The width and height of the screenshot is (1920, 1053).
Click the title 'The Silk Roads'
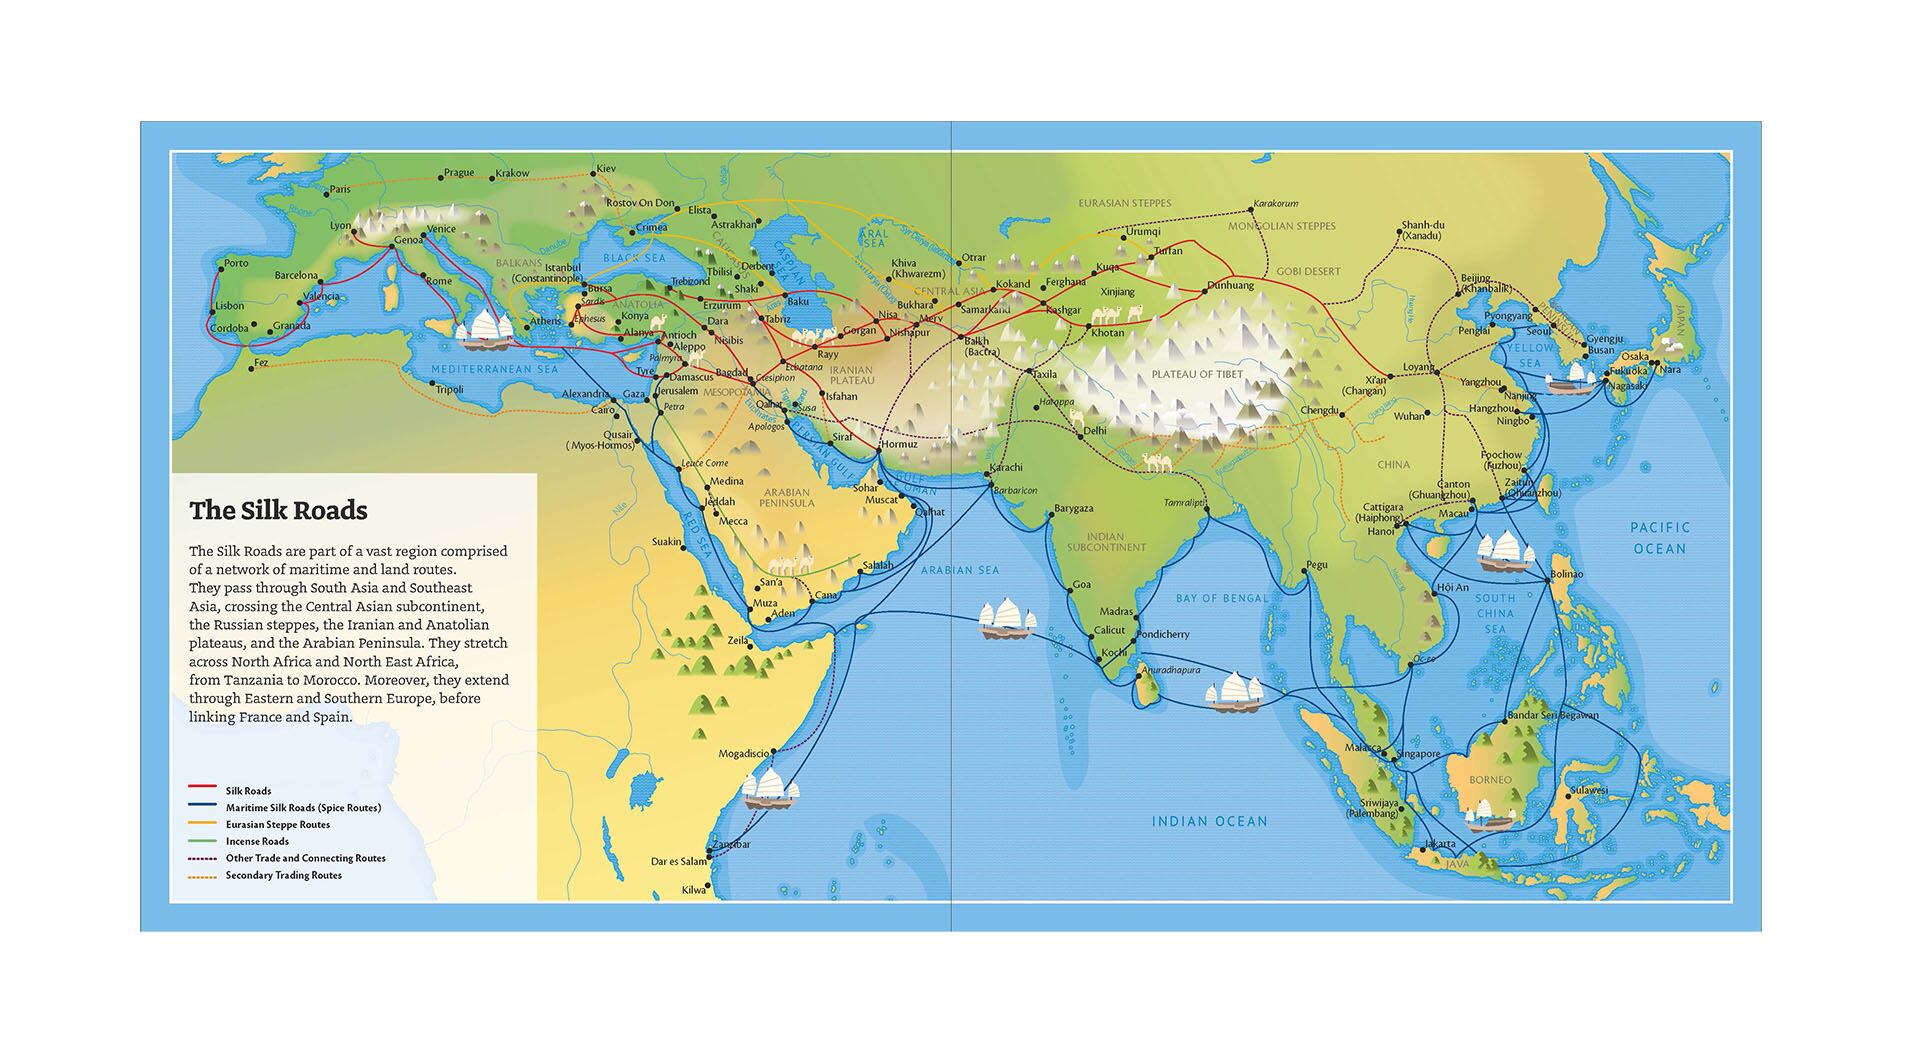pos(278,511)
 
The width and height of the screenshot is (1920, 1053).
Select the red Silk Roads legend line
pos(203,790)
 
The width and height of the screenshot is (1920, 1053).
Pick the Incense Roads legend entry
pos(257,841)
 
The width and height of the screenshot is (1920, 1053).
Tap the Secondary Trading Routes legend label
pos(283,875)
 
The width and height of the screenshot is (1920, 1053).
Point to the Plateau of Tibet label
pos(1197,374)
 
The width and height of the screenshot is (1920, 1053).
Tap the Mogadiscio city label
pos(744,753)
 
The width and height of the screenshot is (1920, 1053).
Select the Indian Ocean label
pos(1209,821)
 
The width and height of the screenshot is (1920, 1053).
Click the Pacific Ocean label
pos(1659,538)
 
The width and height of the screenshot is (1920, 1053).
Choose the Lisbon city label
pos(229,306)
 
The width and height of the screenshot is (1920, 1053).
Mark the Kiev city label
pos(606,169)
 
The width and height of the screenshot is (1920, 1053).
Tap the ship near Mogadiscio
pos(770,788)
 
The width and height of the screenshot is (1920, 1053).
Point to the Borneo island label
pos(1490,780)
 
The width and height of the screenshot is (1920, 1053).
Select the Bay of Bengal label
pos(1221,598)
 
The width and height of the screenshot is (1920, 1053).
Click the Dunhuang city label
pos(1230,285)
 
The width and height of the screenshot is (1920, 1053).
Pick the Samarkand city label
pos(985,310)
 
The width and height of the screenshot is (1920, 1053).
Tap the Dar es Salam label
pos(679,861)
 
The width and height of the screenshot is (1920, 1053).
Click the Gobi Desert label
pos(1308,271)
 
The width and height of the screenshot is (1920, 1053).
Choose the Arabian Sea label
pos(960,570)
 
